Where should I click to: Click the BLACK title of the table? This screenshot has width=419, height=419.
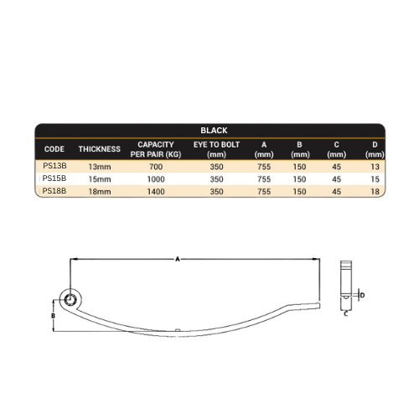[x=214, y=131]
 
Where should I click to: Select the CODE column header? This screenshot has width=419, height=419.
[x=54, y=149]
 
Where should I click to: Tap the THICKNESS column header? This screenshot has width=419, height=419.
[x=100, y=149]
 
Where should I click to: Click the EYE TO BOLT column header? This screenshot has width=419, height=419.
[x=216, y=149]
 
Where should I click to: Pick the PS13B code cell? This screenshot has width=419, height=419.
[x=54, y=166]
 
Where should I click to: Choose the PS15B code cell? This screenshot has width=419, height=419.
[x=54, y=178]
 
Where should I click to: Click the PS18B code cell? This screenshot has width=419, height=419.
[x=54, y=191]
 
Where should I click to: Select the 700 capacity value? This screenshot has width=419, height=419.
[x=156, y=167]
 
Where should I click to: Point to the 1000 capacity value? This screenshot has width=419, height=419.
[x=156, y=179]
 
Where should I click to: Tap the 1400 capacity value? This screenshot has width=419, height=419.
[x=156, y=192]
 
